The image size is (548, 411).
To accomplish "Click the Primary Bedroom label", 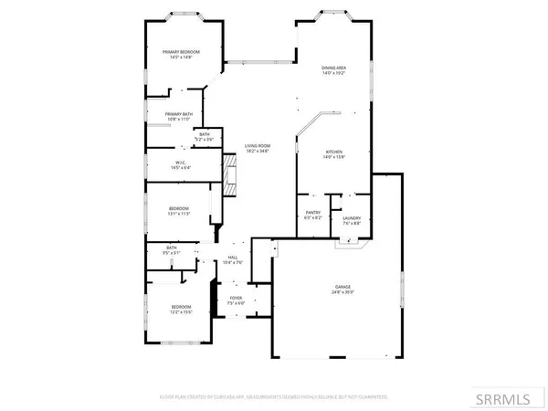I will point(181,53).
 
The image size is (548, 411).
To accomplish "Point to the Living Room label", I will point(257,146).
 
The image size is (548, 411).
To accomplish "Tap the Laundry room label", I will point(352,217).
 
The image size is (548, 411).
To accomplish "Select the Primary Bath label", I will point(178,113).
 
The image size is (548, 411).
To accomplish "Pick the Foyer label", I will point(236,297).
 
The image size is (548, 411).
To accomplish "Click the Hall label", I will point(233,258).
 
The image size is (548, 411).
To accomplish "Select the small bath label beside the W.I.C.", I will point(205,135).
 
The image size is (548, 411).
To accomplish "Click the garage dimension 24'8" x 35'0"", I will point(341,293).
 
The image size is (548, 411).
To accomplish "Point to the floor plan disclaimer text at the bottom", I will point(274,397).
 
